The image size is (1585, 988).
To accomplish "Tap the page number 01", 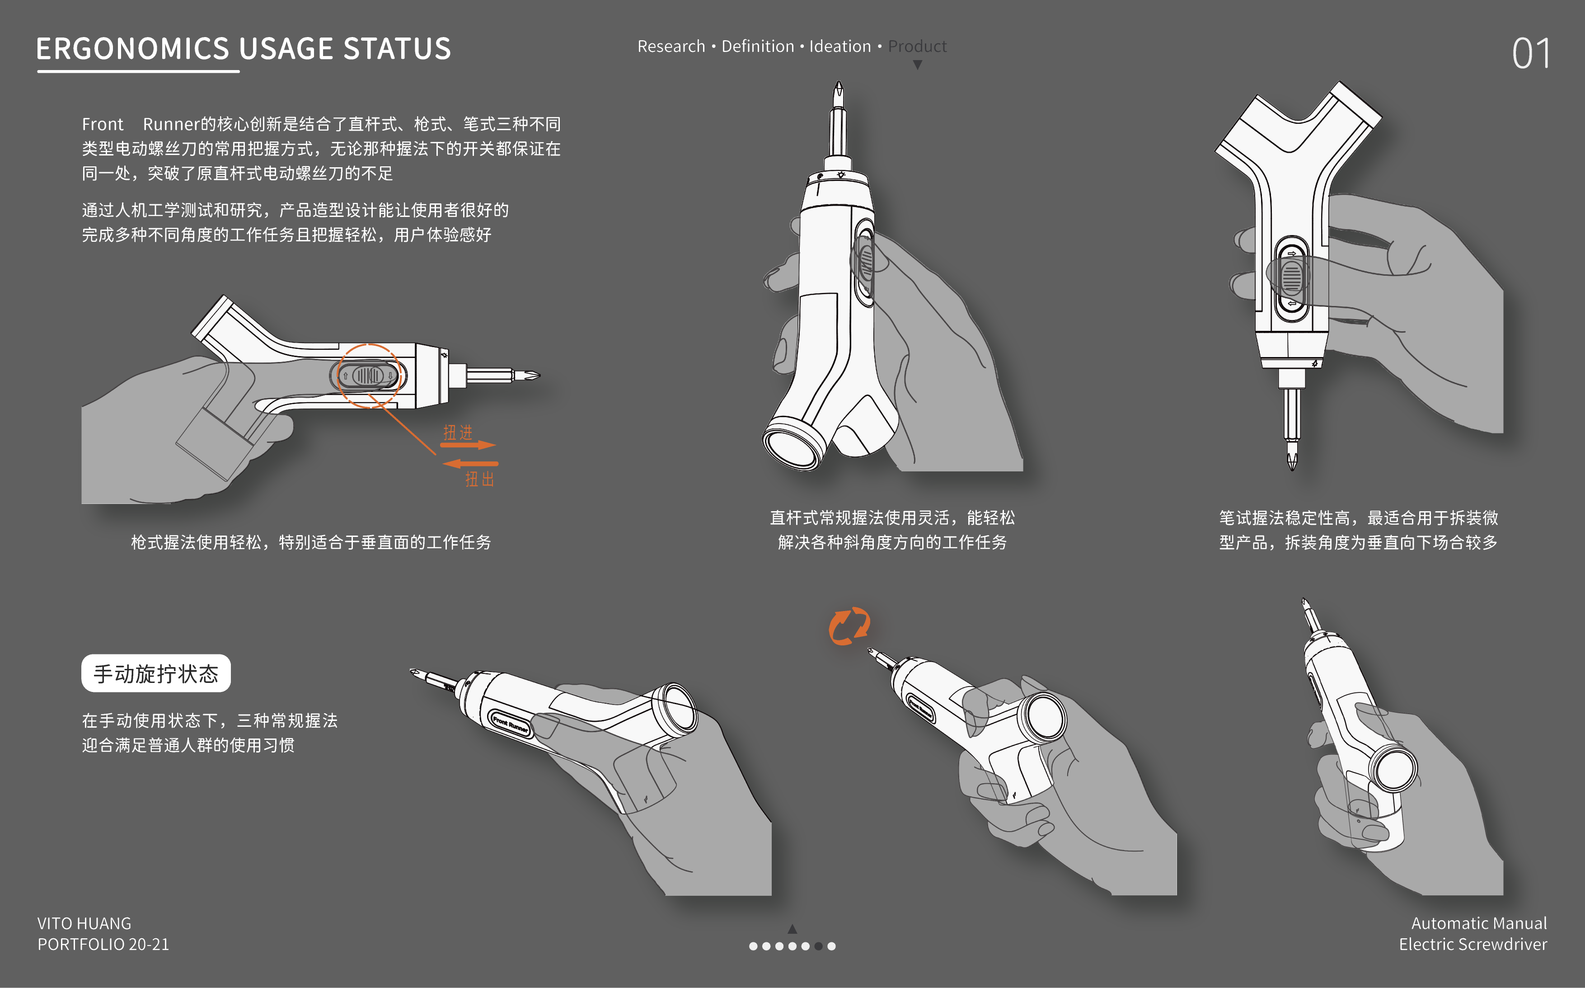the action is click(1530, 54).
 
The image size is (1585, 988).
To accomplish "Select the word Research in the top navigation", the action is click(671, 47).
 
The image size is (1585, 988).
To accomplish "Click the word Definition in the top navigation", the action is click(758, 47).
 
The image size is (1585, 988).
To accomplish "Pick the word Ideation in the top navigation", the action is click(840, 47).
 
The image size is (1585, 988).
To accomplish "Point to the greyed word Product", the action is click(917, 47).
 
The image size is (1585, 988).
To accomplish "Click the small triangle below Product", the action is click(918, 65).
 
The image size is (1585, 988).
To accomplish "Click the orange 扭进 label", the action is click(458, 432).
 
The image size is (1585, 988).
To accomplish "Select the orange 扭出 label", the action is click(479, 479).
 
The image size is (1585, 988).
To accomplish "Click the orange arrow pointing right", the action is click(468, 446).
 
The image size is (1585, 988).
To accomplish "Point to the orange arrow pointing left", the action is click(470, 464).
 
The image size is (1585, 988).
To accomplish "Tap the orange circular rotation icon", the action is click(849, 626).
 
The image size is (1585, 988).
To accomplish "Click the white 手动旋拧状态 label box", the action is click(155, 673).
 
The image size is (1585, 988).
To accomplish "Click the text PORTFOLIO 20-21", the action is click(103, 944).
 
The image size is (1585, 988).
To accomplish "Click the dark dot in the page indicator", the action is click(818, 946).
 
